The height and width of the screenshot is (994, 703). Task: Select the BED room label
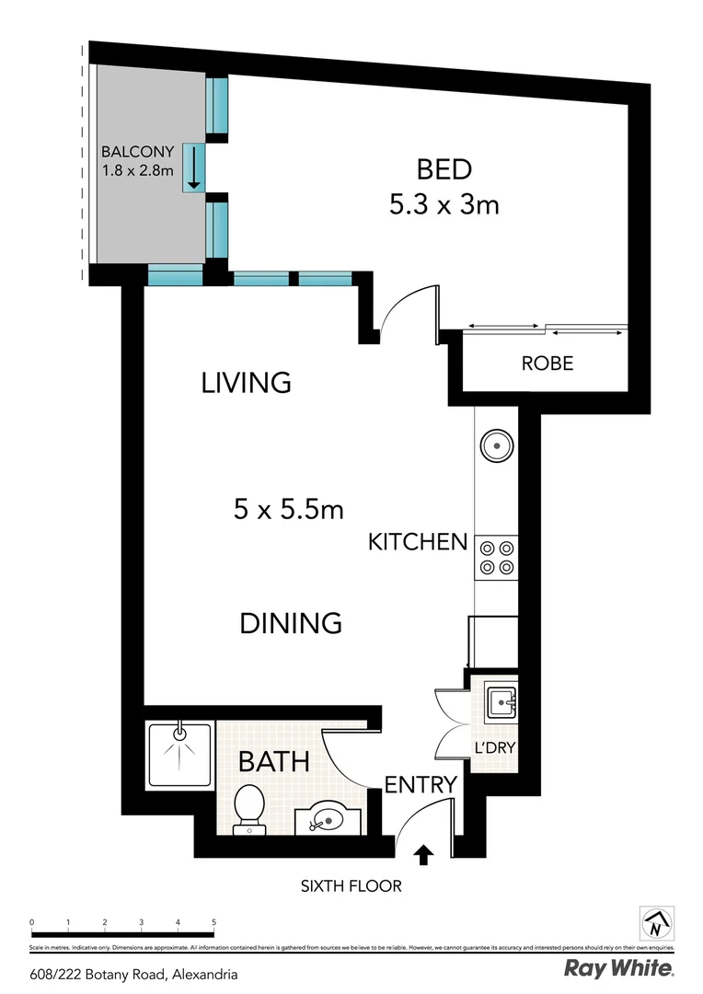click(444, 169)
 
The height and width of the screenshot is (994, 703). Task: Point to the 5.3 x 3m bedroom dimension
click(444, 204)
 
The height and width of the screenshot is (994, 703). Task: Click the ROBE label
click(547, 364)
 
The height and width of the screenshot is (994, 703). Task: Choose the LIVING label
click(246, 382)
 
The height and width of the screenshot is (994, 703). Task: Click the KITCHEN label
click(418, 542)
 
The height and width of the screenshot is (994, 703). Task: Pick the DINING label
click(291, 623)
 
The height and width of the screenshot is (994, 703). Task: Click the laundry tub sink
click(501, 701)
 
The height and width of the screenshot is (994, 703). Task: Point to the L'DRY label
click(493, 747)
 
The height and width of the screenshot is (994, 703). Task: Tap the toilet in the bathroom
click(249, 807)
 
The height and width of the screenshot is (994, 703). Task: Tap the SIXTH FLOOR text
click(351, 887)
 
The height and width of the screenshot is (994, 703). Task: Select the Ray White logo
click(617, 968)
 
